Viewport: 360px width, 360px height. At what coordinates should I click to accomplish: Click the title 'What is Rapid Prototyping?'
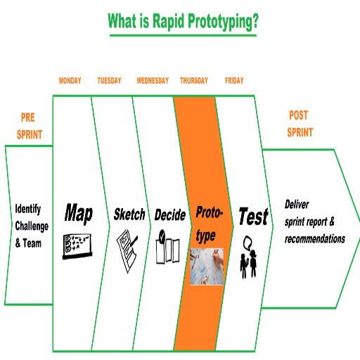click(183, 21)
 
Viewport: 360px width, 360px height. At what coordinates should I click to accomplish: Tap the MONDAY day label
click(70, 81)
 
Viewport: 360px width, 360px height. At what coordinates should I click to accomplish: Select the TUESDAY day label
click(109, 81)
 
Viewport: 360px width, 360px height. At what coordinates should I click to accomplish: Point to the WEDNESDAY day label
click(153, 81)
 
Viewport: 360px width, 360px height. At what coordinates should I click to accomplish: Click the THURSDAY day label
click(194, 81)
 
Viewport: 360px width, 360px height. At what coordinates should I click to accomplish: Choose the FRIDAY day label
click(234, 81)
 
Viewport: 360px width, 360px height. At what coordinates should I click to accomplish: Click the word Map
click(79, 213)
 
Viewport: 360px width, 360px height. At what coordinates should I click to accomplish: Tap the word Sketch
click(129, 214)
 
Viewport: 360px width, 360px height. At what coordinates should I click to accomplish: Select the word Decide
click(170, 214)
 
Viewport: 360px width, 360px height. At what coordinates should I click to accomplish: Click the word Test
click(254, 216)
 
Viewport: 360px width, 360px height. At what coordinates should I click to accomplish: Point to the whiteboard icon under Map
click(77, 246)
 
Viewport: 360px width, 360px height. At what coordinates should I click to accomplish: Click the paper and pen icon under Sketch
click(127, 251)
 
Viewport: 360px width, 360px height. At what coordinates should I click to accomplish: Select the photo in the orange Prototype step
click(207, 266)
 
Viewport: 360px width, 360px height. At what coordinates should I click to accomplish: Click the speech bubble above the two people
click(247, 243)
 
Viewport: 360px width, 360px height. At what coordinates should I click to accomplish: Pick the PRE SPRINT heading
click(30, 126)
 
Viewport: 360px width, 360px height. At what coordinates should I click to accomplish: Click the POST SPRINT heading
click(300, 124)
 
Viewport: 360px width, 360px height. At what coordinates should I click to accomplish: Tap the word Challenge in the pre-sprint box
click(32, 226)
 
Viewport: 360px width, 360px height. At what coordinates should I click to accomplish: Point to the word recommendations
click(315, 239)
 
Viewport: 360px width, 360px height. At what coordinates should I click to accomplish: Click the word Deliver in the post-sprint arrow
click(297, 205)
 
